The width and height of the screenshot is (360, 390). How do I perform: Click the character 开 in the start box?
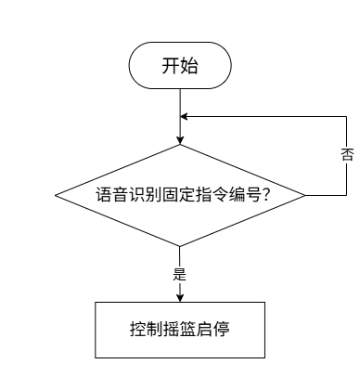(x=171, y=66)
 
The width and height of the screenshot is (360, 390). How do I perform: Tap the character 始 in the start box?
(x=188, y=66)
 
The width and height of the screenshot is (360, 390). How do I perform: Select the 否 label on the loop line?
(x=347, y=154)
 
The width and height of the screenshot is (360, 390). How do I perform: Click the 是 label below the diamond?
(x=180, y=274)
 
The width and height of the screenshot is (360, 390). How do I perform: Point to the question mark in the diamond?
(x=265, y=195)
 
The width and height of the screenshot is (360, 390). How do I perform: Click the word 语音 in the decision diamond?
(x=110, y=195)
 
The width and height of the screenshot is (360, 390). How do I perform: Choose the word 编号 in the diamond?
(x=244, y=195)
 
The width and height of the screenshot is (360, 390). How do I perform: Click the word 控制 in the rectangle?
(x=146, y=329)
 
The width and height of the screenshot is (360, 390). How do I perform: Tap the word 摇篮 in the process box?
(x=179, y=329)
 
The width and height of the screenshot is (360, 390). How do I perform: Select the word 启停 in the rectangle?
(x=212, y=329)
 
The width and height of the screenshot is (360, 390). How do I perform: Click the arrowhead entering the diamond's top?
(x=180, y=140)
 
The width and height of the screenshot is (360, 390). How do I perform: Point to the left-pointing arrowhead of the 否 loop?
(x=184, y=117)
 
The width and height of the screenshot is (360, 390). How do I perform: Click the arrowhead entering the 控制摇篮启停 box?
(x=180, y=298)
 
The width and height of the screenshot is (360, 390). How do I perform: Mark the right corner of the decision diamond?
(x=305, y=195)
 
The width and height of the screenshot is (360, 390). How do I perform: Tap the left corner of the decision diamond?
(x=56, y=195)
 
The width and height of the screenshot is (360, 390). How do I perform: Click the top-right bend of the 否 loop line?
(x=346, y=117)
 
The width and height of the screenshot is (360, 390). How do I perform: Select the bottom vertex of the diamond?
(x=180, y=246)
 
